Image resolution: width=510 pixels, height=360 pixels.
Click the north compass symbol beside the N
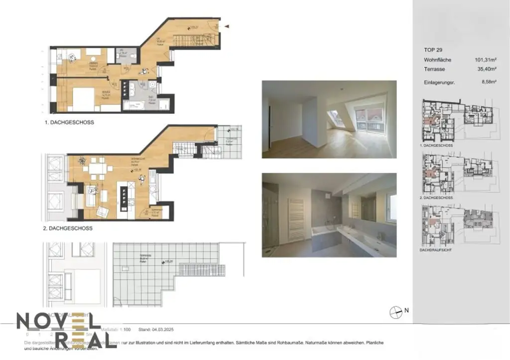(395, 311)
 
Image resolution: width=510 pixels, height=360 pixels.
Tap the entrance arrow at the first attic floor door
(227, 26)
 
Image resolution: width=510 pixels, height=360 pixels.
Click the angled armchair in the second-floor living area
(103, 211)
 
